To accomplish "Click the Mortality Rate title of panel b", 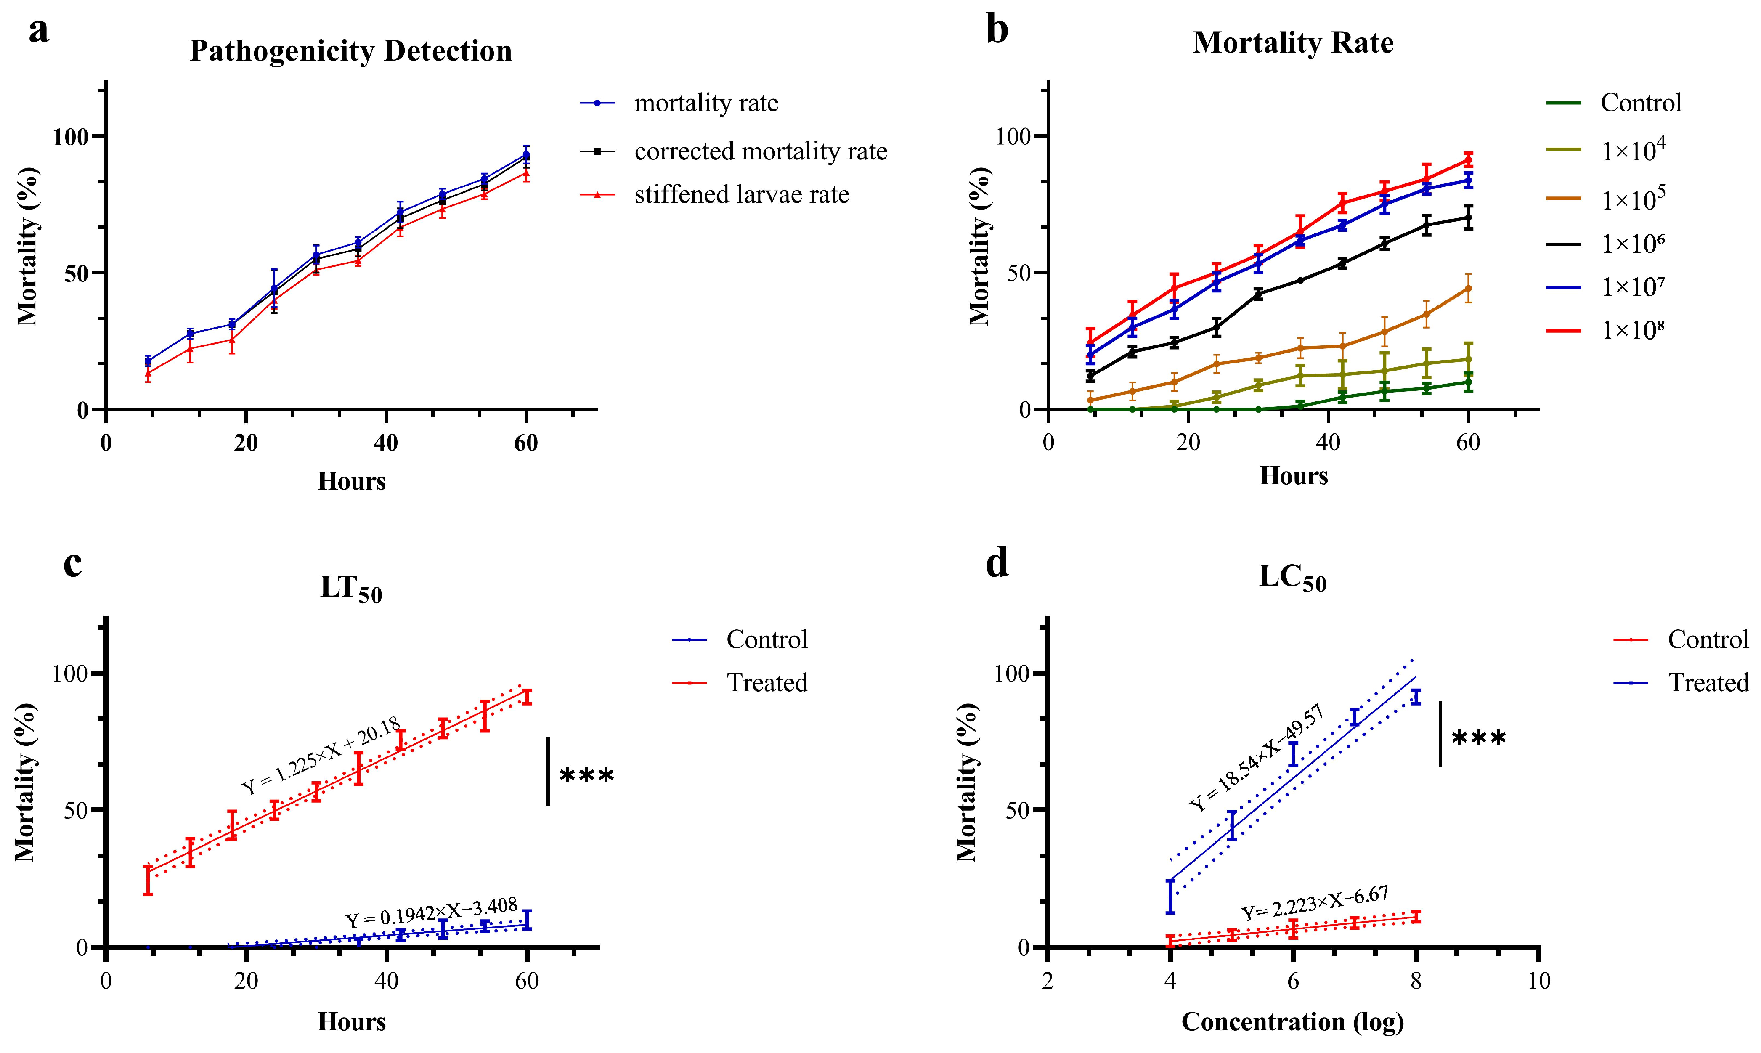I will coord(1293,42).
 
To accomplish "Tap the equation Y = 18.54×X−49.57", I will coord(1256,758).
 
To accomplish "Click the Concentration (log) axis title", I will coord(1293,1022).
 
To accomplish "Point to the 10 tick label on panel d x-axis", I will coord(1538,981).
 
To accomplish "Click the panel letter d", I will coord(997,564).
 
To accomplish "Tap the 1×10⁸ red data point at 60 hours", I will coord(1468,159).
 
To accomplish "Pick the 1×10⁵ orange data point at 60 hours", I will coord(1468,288).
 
